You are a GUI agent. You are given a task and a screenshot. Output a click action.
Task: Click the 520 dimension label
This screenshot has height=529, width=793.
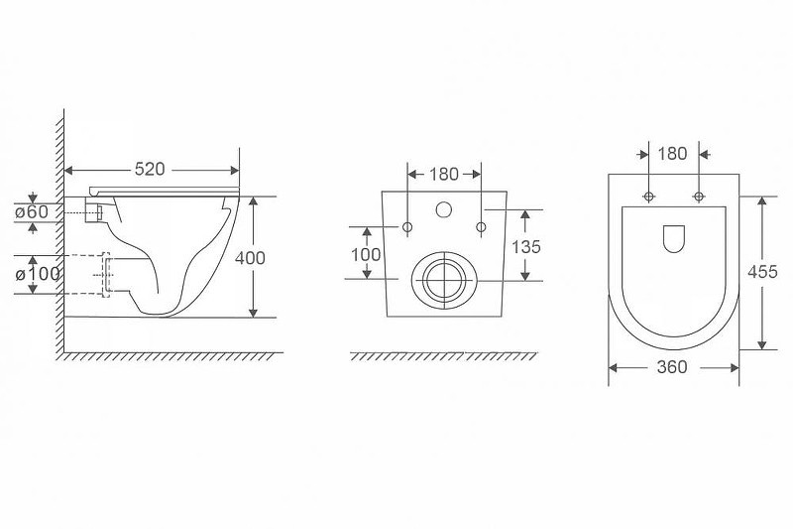(x=150, y=169)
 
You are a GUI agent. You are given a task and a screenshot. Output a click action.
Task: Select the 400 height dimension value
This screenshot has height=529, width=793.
(x=250, y=258)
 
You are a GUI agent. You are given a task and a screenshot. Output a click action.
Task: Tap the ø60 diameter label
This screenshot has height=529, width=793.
(x=32, y=211)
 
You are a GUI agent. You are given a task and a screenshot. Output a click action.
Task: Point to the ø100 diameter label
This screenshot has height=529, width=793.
(x=38, y=274)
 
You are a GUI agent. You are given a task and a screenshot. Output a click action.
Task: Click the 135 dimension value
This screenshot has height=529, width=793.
(x=526, y=247)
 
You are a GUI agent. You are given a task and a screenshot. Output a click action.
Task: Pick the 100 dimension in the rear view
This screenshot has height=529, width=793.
(x=366, y=254)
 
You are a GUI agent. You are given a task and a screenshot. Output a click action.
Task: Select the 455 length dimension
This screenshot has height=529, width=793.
(x=762, y=272)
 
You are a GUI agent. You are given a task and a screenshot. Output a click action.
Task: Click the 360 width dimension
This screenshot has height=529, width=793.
(x=672, y=367)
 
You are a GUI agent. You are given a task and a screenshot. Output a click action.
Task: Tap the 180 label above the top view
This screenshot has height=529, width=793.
(x=672, y=154)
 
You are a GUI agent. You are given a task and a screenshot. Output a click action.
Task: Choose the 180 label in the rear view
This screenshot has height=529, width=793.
(x=444, y=174)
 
